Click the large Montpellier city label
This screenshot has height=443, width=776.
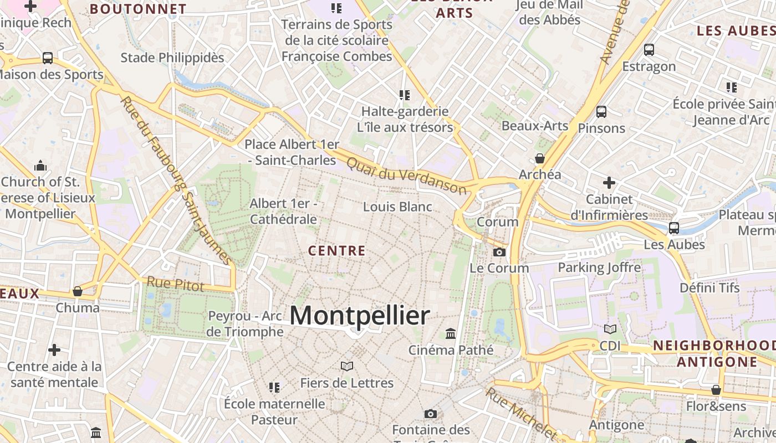click(360, 316)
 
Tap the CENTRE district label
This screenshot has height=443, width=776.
click(337, 251)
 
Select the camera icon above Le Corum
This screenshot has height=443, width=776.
click(499, 253)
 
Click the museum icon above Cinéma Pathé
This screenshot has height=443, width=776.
click(451, 334)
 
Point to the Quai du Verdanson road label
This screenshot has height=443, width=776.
click(406, 175)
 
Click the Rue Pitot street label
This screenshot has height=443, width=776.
click(175, 285)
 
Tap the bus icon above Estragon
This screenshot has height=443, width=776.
click(649, 50)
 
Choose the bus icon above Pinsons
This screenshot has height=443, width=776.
click(601, 112)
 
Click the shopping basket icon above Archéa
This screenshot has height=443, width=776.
click(540, 159)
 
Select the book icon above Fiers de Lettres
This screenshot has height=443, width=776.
click(347, 366)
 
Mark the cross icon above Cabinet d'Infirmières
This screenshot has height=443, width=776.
click(609, 182)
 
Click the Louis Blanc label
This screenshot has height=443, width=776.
click(397, 207)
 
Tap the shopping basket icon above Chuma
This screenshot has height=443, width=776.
click(78, 291)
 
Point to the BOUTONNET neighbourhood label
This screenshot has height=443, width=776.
click(138, 9)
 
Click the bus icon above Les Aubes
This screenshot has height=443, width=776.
click(674, 228)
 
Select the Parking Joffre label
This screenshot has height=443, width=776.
click(599, 267)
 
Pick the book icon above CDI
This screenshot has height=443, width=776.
click(610, 329)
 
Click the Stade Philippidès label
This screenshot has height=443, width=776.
click(172, 58)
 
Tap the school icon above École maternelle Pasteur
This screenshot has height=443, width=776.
click(274, 387)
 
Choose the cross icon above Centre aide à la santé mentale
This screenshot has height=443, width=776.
click(54, 350)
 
